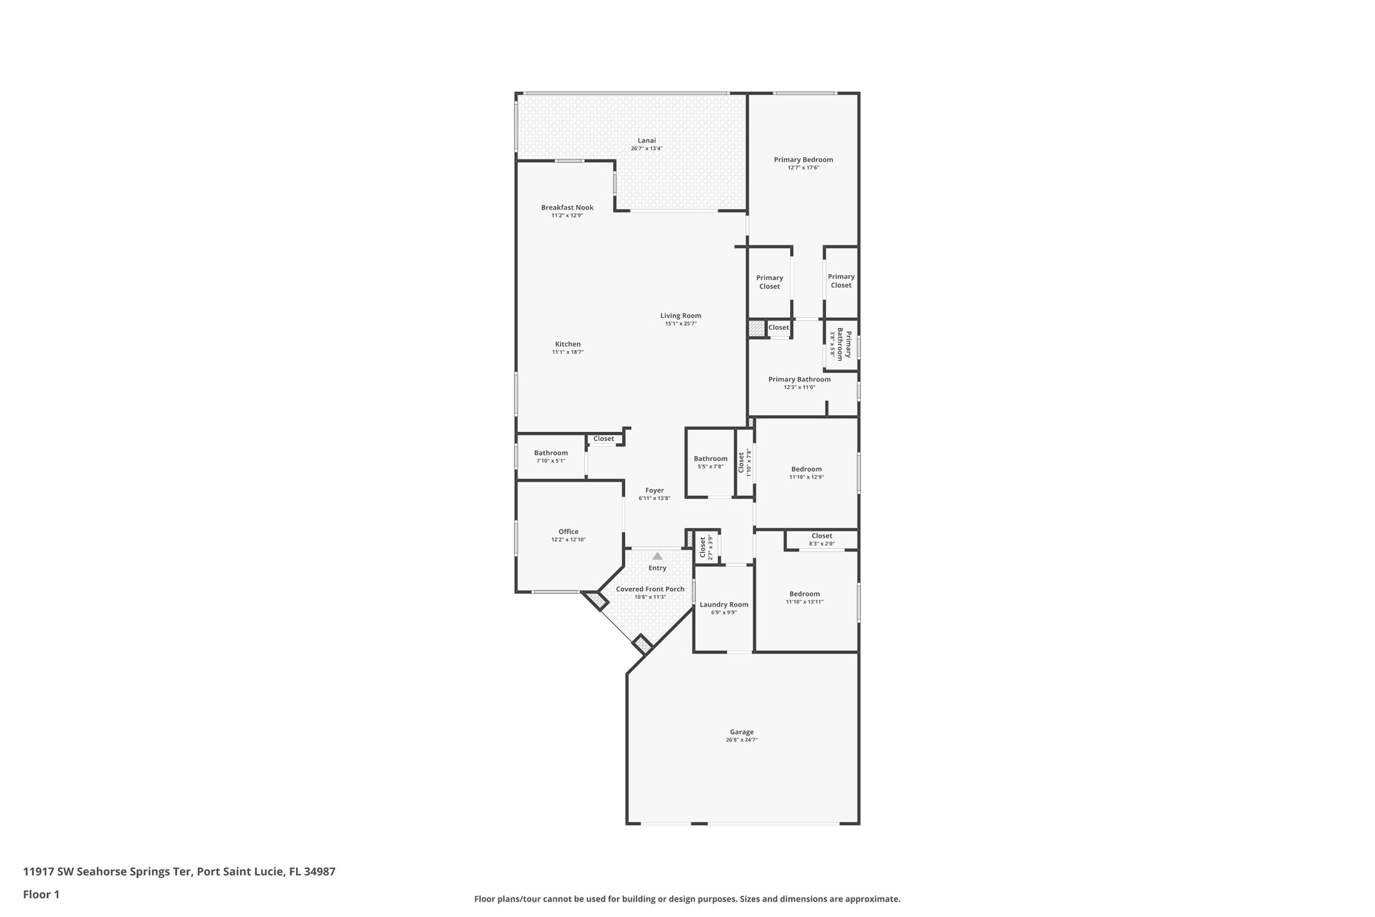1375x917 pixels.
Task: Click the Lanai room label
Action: tap(647, 140)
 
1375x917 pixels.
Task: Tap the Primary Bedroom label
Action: tap(803, 160)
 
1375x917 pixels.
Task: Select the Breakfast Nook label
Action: tap(567, 208)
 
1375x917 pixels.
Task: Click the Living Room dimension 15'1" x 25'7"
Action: tap(681, 324)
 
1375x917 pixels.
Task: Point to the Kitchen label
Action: tap(567, 344)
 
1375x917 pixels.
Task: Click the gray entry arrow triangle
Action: tap(657, 556)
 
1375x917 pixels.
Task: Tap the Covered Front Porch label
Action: tap(650, 589)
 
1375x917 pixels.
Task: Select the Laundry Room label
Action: tap(724, 605)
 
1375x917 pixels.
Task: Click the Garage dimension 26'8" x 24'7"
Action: tap(742, 740)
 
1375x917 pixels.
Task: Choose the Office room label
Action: tap(569, 531)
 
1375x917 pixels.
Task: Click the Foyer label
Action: tap(655, 490)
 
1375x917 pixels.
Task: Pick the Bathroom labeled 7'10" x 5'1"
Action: tap(551, 453)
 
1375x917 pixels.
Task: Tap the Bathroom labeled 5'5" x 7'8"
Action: tap(710, 459)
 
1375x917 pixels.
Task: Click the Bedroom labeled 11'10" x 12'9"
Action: tap(806, 469)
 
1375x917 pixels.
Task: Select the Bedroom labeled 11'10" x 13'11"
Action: tap(804, 594)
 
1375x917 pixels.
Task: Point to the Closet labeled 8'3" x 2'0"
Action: tap(822, 536)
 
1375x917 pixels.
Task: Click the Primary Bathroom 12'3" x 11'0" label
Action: tap(799, 380)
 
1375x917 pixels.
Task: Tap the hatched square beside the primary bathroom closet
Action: tap(757, 328)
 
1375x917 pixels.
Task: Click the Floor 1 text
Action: tap(42, 894)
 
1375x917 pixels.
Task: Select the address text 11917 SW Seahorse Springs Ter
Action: tap(109, 872)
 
